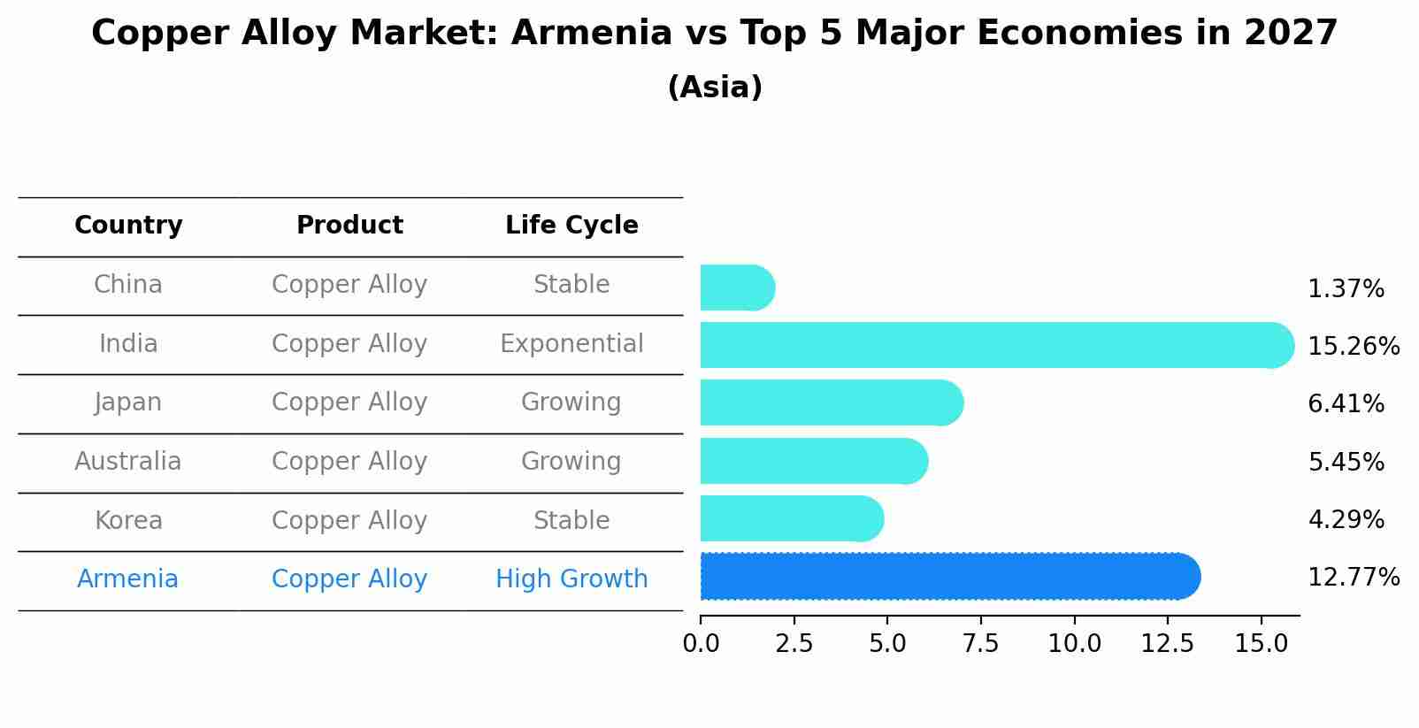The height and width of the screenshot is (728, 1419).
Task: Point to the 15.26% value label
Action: (x=1353, y=346)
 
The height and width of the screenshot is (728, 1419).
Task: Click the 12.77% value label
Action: (x=1353, y=578)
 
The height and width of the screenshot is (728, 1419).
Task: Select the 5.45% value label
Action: (x=1346, y=462)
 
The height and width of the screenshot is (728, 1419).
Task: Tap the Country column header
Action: (x=128, y=226)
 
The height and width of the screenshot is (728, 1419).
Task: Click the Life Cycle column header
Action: (x=571, y=226)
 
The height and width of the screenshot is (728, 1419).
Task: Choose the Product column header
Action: (x=349, y=226)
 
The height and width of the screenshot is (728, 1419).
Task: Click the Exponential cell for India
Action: (x=571, y=343)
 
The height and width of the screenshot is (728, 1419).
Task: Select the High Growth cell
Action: (x=571, y=579)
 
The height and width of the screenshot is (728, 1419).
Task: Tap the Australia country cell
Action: (x=128, y=462)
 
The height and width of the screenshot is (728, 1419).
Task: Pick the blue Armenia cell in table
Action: (x=128, y=579)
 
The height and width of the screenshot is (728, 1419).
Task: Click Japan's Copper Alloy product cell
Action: (x=349, y=402)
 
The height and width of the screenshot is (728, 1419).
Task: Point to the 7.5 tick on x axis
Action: (x=980, y=644)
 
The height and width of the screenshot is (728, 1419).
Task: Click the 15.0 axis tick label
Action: (x=1261, y=644)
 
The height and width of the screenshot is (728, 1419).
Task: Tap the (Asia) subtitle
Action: (x=715, y=88)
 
